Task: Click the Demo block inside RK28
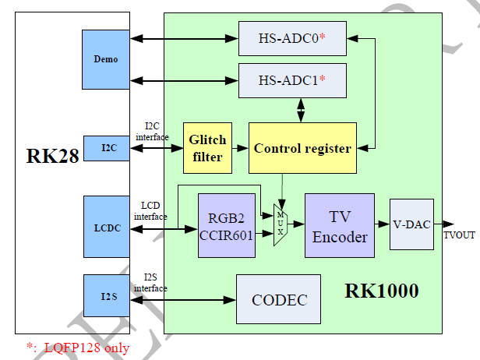pyautogui.click(x=107, y=59)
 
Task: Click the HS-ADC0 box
pyautogui.click(x=292, y=38)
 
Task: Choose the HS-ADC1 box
pyautogui.click(x=292, y=80)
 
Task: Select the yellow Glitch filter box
pyautogui.click(x=207, y=148)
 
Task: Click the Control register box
pyautogui.click(x=302, y=148)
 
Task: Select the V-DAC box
pyautogui.click(x=411, y=224)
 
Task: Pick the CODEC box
pyautogui.click(x=278, y=299)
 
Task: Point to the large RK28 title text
pyautogui.click(x=51, y=156)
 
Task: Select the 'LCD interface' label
pyautogui.click(x=150, y=210)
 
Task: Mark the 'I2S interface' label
pyautogui.click(x=150, y=283)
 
